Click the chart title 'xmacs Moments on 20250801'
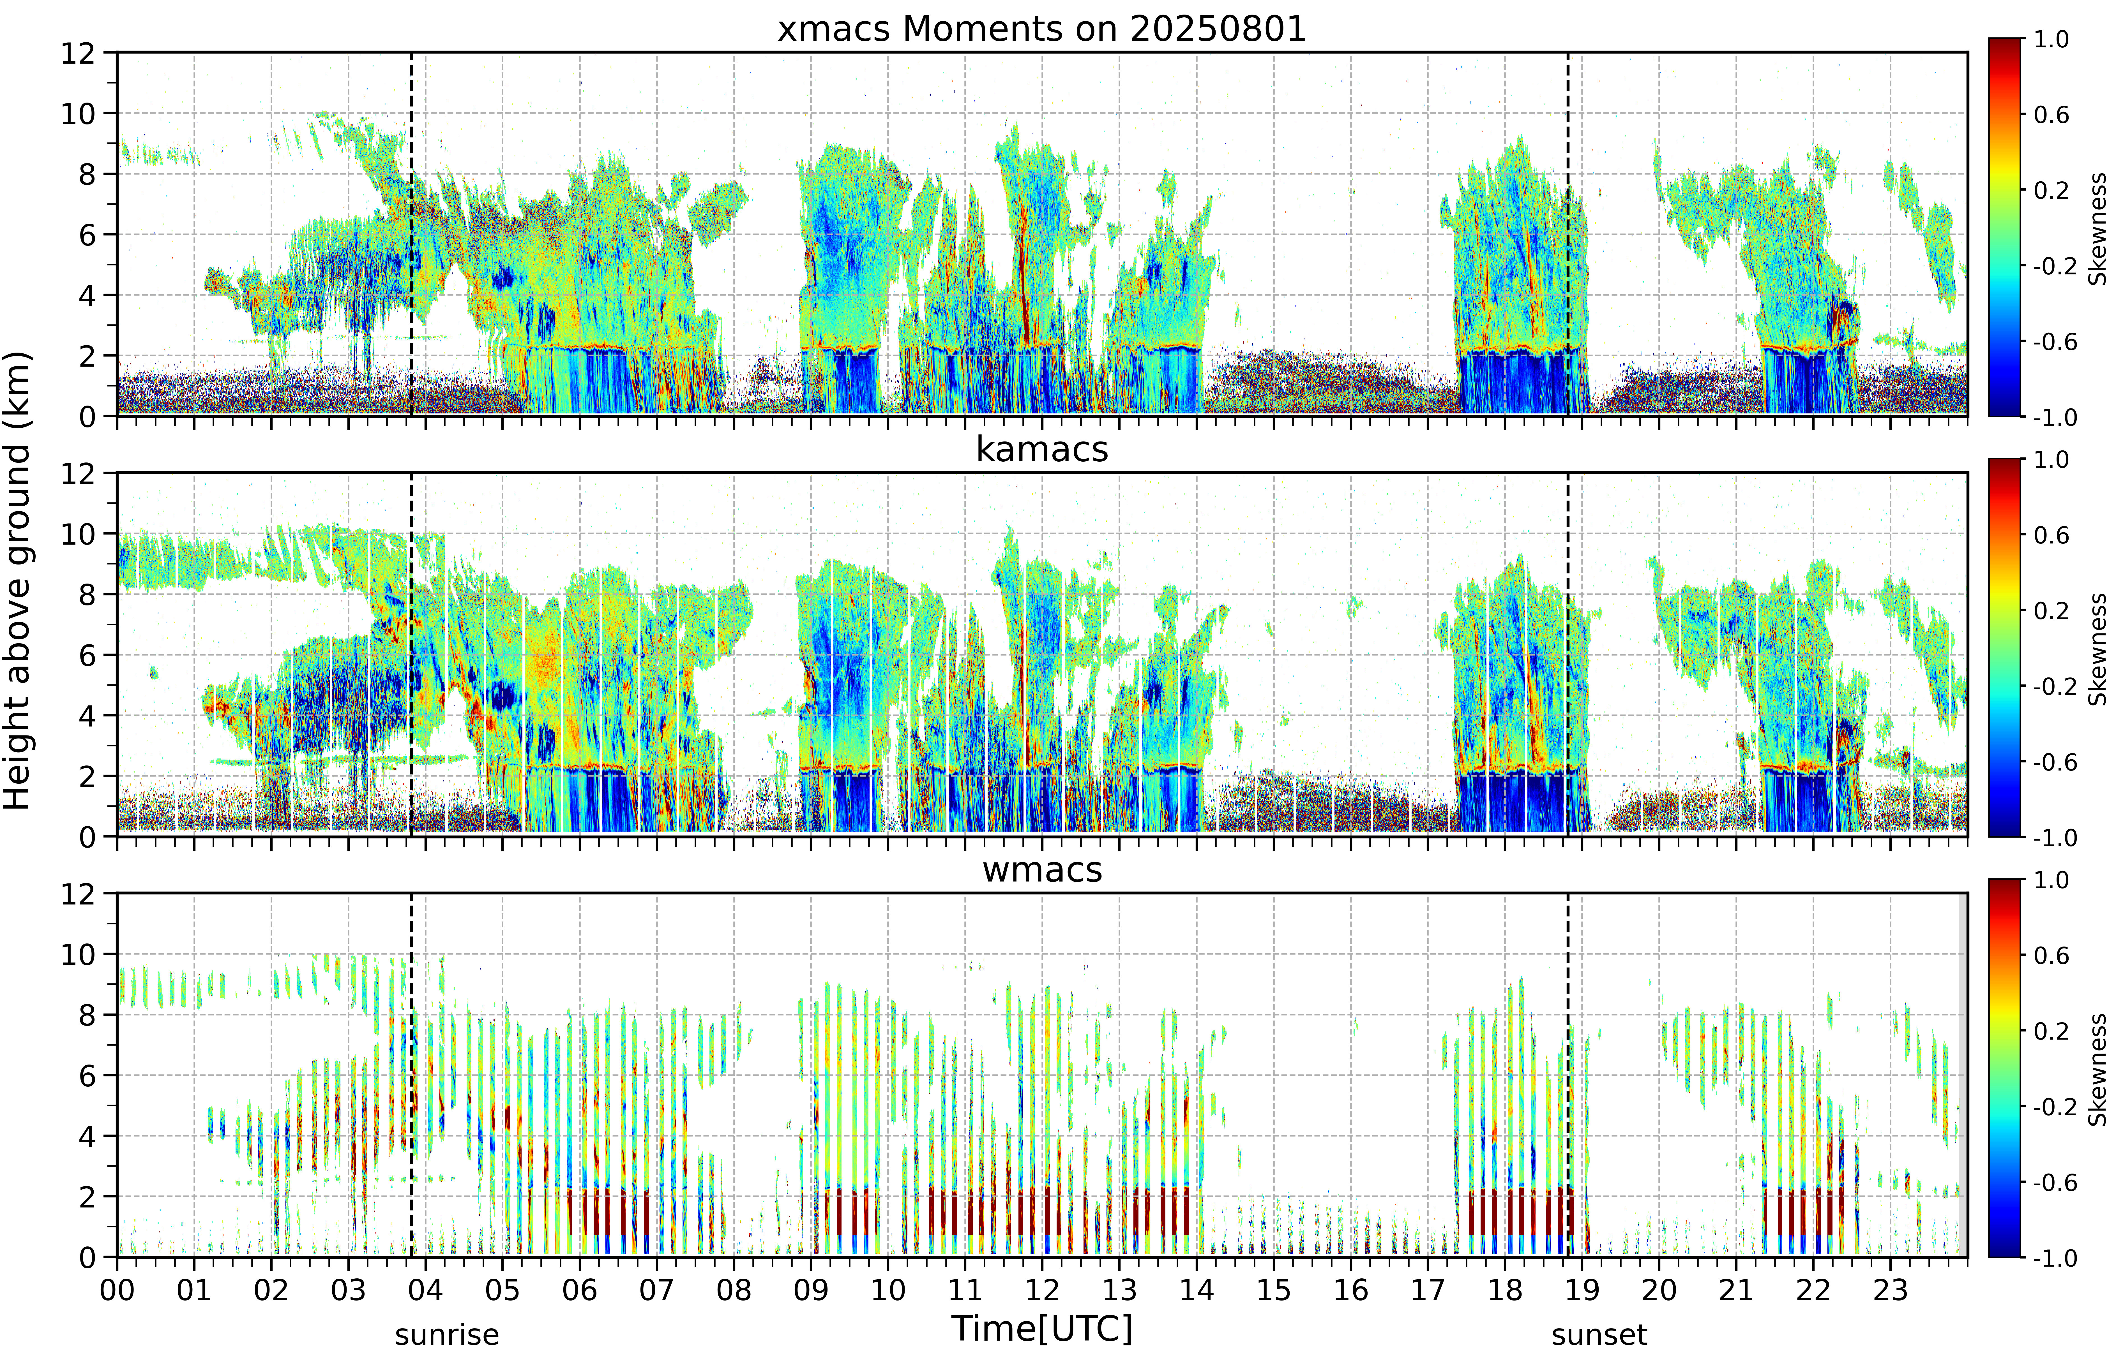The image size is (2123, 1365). (1042, 29)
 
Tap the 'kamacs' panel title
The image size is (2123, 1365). (1042, 449)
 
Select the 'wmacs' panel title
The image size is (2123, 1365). (1042, 869)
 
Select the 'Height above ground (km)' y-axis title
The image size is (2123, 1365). (17, 580)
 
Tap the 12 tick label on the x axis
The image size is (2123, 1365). (1042, 1290)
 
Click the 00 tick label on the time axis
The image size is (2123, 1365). (117, 1290)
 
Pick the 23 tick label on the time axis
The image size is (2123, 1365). (1890, 1290)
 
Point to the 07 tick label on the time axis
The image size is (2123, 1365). (656, 1290)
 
